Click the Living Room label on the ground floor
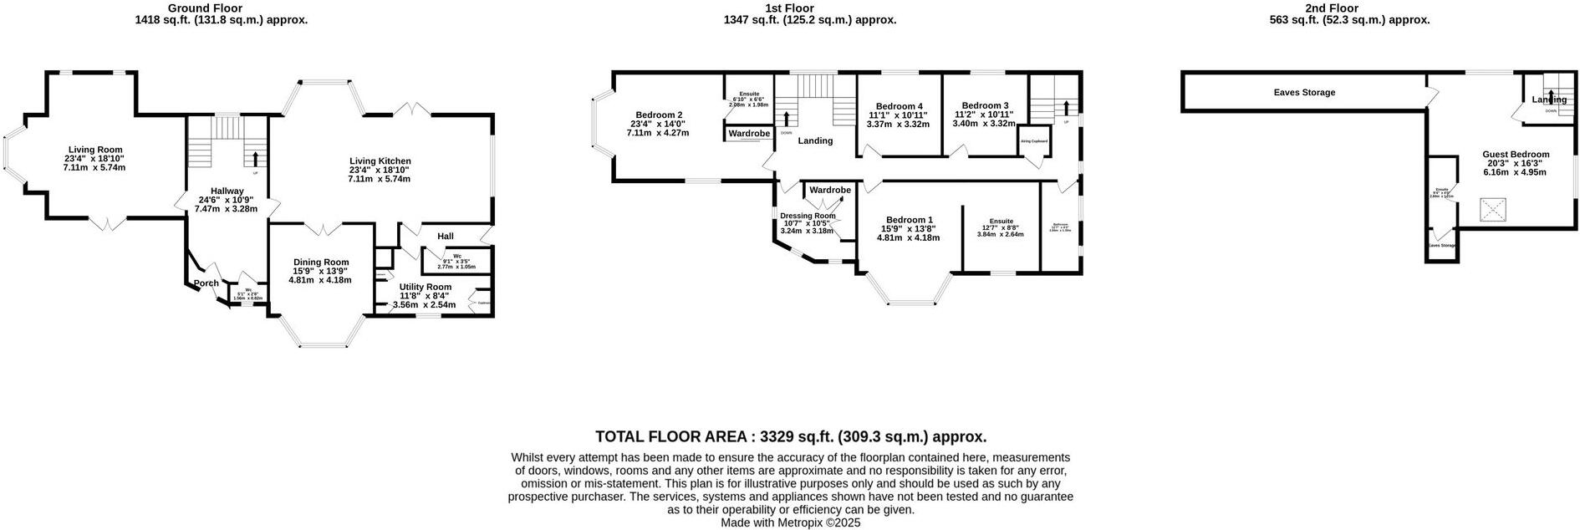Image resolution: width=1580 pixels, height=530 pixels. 93,150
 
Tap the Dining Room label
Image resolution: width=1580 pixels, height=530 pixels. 321,262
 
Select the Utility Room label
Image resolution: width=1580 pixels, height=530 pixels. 425,288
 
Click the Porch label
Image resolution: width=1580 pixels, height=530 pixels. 206,283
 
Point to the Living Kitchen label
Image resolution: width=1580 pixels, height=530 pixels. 380,161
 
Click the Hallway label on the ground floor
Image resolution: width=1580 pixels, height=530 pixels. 227,191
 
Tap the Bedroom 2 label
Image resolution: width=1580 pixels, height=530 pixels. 659,115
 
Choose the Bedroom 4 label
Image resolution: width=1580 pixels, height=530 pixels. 899,106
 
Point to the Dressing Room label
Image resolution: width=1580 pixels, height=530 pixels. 808,216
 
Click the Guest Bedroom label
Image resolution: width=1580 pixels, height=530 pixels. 1516,155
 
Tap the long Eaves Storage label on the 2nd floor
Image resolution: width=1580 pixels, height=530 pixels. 1304,93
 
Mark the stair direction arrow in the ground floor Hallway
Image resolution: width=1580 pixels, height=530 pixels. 255,158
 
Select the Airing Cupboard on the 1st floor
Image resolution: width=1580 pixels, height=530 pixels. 1034,142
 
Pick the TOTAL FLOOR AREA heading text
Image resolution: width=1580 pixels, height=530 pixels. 790,436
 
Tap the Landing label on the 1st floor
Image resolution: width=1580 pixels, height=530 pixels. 815,141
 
